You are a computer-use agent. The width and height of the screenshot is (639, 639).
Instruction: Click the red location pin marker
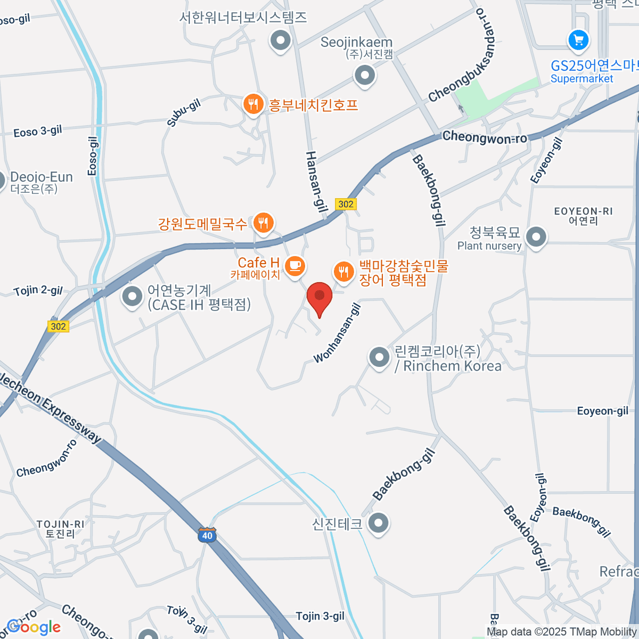pyautogui.click(x=319, y=297)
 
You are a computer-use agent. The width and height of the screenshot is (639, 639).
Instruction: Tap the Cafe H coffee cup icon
pyautogui.click(x=294, y=266)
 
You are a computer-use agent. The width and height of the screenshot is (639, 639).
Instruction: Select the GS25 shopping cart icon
pyautogui.click(x=578, y=40)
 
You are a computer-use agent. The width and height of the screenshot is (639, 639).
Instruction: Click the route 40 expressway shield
pyautogui.click(x=207, y=536)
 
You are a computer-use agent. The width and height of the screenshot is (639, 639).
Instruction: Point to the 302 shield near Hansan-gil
pyautogui.click(x=346, y=204)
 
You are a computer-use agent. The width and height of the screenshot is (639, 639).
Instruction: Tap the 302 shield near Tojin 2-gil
pyautogui.click(x=59, y=326)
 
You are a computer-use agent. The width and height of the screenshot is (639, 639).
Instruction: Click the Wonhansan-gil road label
pyautogui.click(x=338, y=332)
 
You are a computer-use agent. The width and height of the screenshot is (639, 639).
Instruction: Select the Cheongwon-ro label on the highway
pyautogui.click(x=485, y=137)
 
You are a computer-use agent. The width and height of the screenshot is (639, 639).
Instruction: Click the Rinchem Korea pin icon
pyautogui.click(x=379, y=357)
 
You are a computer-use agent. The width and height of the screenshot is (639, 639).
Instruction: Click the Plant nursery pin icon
pyautogui.click(x=536, y=237)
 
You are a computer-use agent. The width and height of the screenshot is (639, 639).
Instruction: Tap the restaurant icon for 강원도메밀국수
pyautogui.click(x=263, y=223)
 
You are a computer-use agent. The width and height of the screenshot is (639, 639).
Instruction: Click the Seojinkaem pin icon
pyautogui.click(x=365, y=75)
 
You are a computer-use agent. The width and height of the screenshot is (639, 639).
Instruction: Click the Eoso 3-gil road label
pyautogui.click(x=37, y=131)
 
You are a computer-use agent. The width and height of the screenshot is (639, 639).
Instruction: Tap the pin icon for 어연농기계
pyautogui.click(x=132, y=297)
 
